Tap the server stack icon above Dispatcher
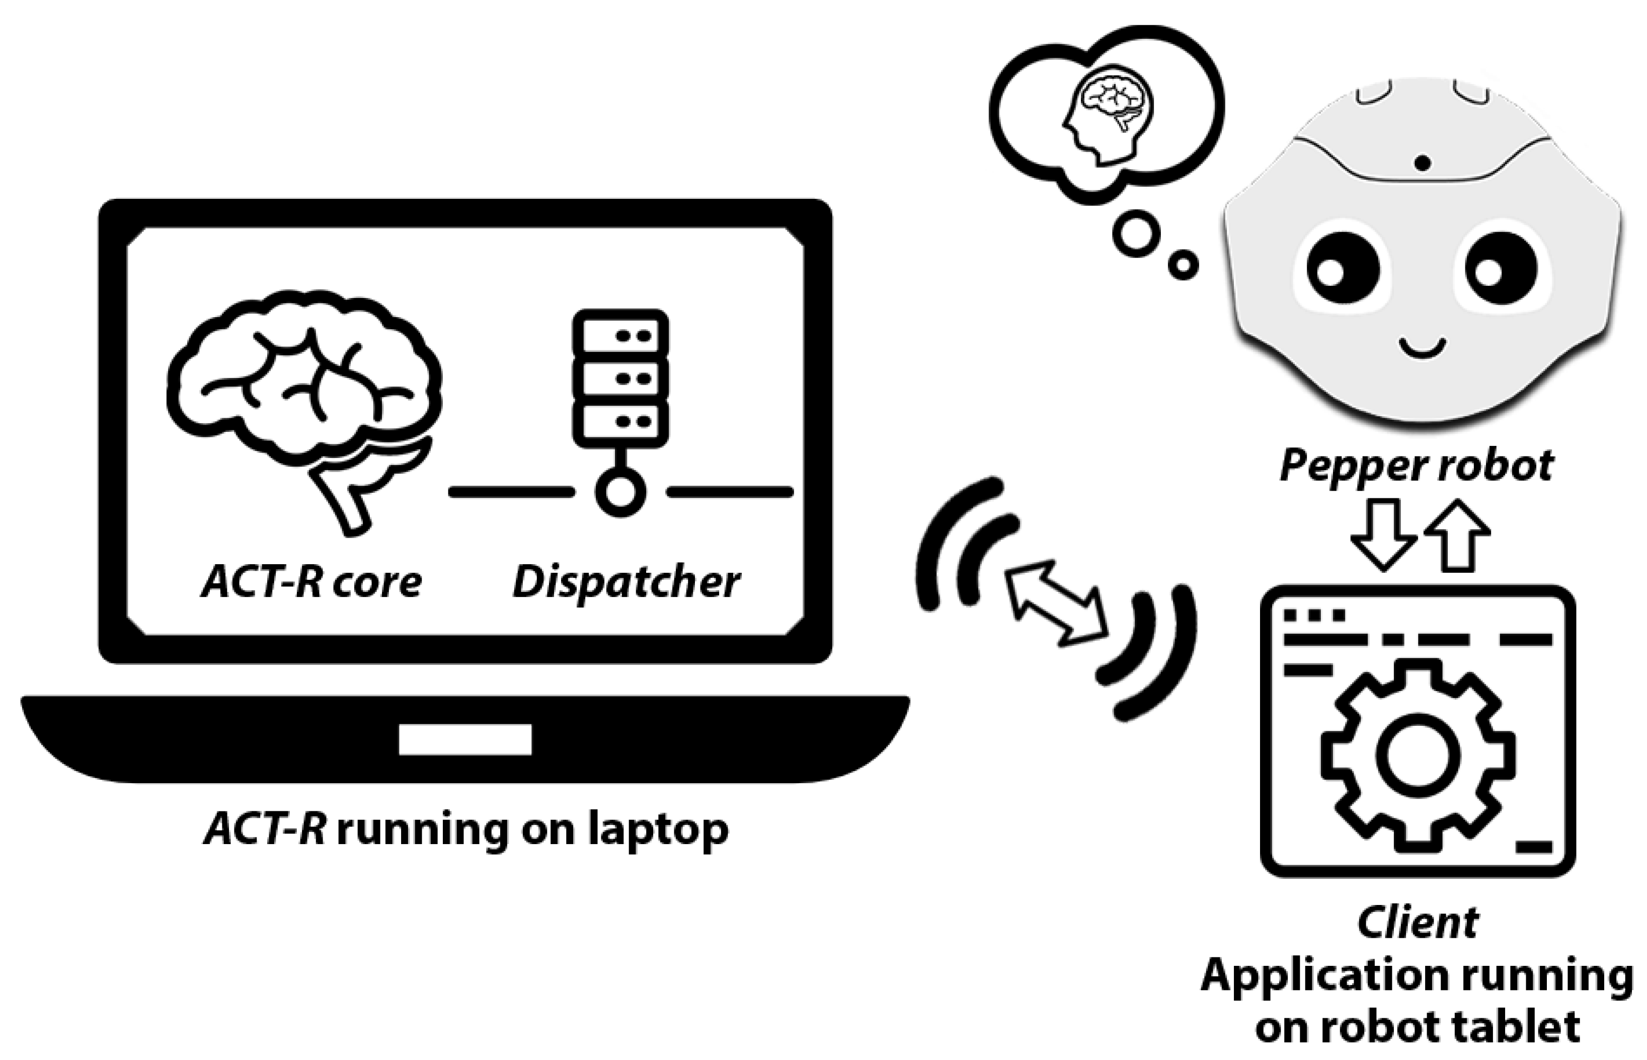[620, 378]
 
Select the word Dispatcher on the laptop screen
[626, 582]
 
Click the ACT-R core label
[311, 582]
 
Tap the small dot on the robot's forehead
[1423, 163]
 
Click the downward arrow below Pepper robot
[1383, 534]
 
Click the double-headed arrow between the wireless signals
[1056, 603]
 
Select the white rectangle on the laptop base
[465, 740]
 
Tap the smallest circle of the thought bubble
[1184, 264]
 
